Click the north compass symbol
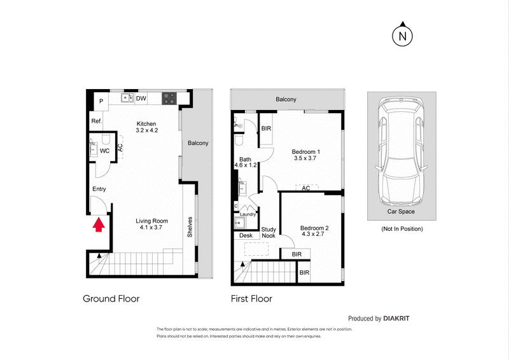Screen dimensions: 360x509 coord(401,36)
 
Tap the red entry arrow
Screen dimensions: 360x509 coord(99,225)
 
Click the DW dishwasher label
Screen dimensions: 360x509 coord(141,99)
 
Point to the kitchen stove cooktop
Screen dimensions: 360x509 coord(170,99)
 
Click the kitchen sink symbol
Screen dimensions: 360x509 coord(127,99)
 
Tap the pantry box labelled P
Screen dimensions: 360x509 coord(101,100)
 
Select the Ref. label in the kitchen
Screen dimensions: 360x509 coord(97,121)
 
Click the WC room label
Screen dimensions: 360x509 coord(105,151)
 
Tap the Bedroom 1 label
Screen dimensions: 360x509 coord(305,151)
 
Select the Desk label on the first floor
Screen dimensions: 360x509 coord(245,236)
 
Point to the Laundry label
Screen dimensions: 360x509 coord(248,214)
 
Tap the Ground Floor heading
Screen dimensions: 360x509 coord(111,298)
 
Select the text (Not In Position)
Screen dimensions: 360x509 coord(401,228)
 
